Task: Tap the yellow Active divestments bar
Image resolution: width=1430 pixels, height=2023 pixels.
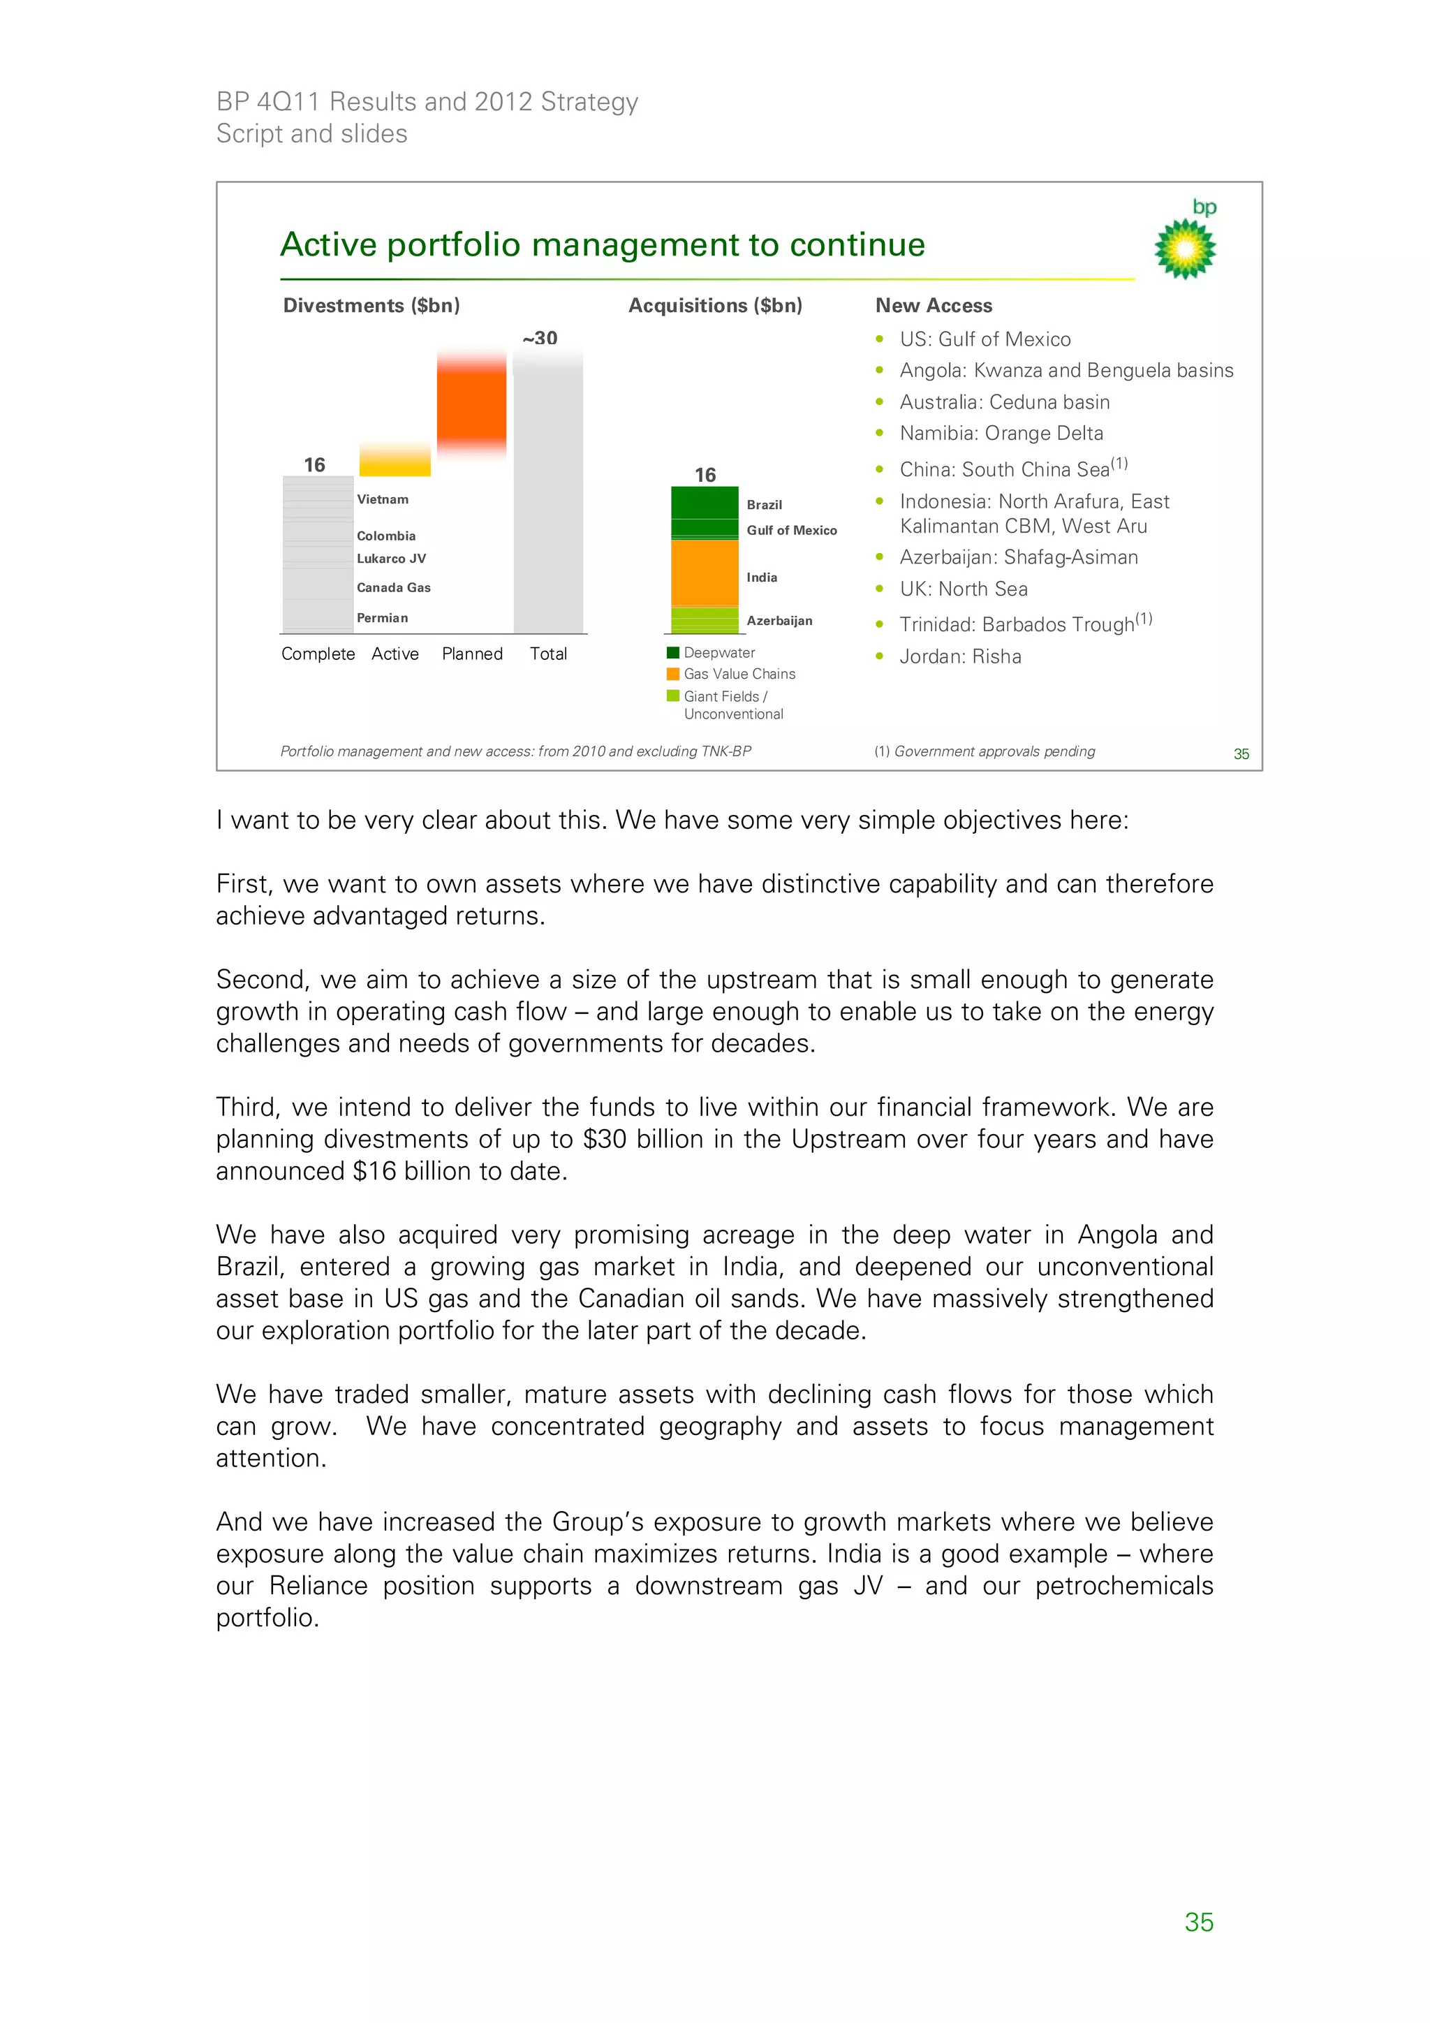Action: [395, 460]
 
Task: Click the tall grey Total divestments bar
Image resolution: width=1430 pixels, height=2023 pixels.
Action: [548, 494]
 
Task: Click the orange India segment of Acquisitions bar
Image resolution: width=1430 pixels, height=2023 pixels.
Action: [704, 573]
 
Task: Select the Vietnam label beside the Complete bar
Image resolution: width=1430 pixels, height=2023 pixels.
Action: [383, 499]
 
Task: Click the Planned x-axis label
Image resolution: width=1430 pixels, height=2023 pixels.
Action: [472, 654]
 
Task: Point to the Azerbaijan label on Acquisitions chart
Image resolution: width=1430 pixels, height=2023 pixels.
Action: [779, 621]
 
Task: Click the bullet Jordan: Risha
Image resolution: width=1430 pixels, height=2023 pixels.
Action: [959, 656]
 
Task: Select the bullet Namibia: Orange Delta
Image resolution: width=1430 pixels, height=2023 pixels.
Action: [1001, 434]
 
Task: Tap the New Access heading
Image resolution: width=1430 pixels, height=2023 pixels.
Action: [933, 306]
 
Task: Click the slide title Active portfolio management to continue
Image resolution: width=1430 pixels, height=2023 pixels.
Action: [603, 245]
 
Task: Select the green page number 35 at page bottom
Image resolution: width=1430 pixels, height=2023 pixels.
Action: [1198, 1922]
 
